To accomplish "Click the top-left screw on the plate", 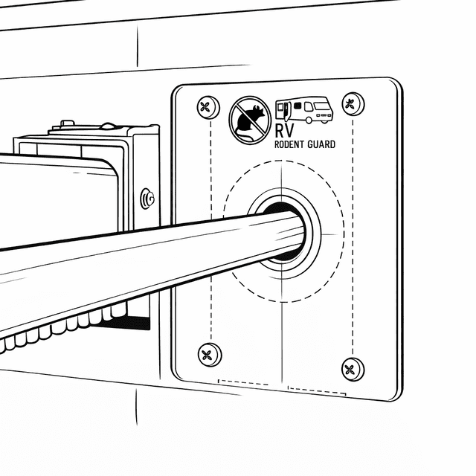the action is click(208, 107).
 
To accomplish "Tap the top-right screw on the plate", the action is click(353, 104).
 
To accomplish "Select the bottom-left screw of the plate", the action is click(210, 355).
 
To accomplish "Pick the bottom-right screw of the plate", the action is click(353, 370).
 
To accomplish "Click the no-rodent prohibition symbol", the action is click(250, 120).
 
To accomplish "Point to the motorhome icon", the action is click(304, 110).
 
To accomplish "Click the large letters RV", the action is click(284, 131).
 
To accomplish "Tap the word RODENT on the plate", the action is click(289, 144).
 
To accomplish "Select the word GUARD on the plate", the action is click(321, 144).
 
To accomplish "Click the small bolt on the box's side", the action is click(147, 199).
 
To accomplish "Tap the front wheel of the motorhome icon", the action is click(309, 120).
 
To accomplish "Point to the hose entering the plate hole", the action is click(152, 267).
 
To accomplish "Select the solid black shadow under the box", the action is click(127, 323).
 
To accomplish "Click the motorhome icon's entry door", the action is click(287, 111).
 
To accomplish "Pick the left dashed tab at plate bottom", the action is click(243, 382).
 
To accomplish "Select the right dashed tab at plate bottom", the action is click(317, 391).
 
